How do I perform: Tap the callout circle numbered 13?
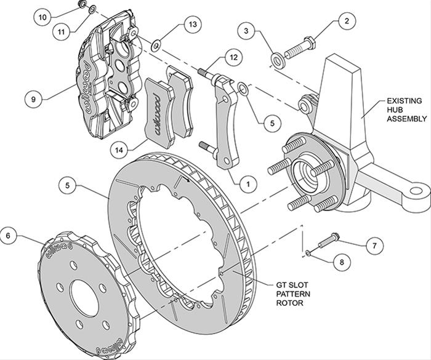tap(193, 25)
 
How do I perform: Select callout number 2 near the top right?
tap(347, 21)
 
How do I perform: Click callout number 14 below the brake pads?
tap(121, 148)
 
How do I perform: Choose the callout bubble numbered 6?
tap(9, 234)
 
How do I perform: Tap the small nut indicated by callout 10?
tap(82, 6)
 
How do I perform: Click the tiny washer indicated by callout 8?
tap(307, 252)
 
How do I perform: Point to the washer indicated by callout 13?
tap(156, 45)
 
